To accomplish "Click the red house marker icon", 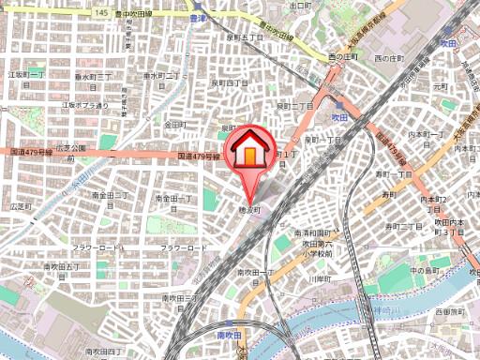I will click(x=250, y=150).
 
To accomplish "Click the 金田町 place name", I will click(x=174, y=124).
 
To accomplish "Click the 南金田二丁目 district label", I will click(x=110, y=199).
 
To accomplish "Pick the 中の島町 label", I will click(x=426, y=271).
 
